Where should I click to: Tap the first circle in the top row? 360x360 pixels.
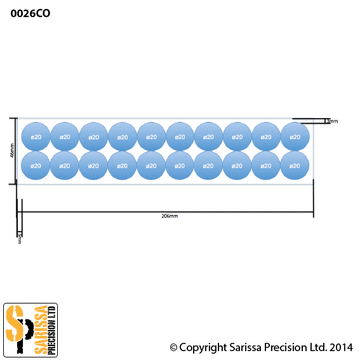tap(35, 134)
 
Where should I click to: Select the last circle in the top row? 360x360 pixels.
tap(295, 134)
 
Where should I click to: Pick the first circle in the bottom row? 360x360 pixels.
tap(35, 163)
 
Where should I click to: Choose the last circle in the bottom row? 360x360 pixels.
tap(295, 163)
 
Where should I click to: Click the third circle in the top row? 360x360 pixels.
tap(93, 134)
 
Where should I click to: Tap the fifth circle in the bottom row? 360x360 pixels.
tap(151, 163)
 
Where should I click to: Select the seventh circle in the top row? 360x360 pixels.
tap(209, 134)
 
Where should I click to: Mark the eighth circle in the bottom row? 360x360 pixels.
tap(238, 163)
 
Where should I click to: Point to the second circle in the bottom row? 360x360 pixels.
tap(64, 163)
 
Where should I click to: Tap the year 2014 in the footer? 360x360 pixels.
tap(340, 347)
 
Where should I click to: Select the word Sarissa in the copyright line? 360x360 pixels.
tap(243, 347)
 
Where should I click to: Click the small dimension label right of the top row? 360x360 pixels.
tap(331, 120)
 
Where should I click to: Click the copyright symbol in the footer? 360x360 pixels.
tap(174, 347)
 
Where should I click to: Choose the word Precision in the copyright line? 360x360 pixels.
tap(284, 347)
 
